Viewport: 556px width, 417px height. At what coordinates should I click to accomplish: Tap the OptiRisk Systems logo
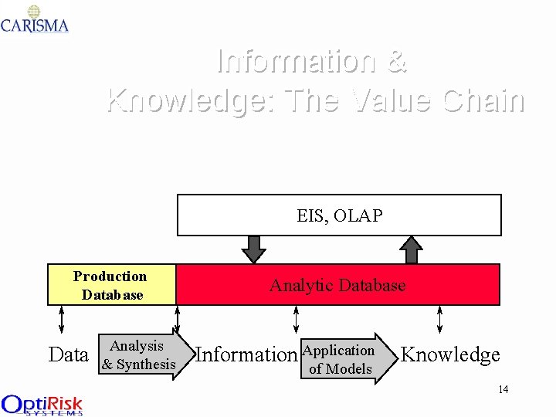42,405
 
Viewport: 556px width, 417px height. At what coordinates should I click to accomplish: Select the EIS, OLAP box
339,215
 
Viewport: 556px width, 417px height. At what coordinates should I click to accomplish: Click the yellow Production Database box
112,285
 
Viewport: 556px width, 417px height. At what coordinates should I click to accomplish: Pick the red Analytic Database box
337,285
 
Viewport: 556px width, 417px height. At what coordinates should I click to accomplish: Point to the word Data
68,354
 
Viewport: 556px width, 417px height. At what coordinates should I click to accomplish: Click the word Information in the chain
246,354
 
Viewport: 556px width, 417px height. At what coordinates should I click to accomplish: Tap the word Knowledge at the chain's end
450,354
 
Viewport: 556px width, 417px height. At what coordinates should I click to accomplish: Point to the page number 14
503,389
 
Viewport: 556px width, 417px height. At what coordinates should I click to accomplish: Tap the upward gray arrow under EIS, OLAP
413,249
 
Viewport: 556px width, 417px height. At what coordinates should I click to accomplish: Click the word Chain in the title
483,100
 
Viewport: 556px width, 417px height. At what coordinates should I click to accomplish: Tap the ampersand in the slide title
395,60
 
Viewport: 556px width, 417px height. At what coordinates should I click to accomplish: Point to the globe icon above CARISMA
34,11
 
